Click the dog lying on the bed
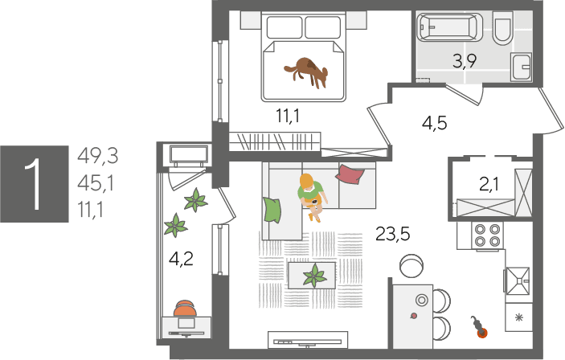[307, 72]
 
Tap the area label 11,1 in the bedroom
[288, 116]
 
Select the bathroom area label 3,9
[465, 61]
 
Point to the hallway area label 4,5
[435, 123]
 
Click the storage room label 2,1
[489, 185]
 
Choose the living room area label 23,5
[393, 234]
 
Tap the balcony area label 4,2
[182, 259]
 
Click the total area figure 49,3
[98, 157]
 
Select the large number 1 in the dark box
[34, 184]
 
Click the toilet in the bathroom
[502, 29]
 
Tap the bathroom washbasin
[521, 67]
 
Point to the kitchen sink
[518, 280]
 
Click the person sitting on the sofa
[312, 197]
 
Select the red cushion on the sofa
[350, 174]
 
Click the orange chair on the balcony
[185, 309]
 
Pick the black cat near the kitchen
[478, 326]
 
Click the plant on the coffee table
[314, 276]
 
